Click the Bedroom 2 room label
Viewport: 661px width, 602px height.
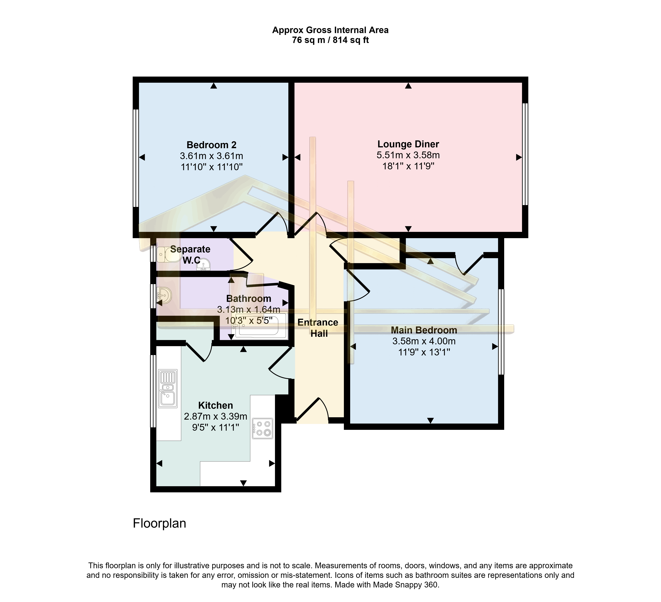[x=212, y=145]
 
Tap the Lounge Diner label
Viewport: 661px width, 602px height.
[x=408, y=144]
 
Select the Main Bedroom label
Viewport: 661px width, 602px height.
[x=424, y=330]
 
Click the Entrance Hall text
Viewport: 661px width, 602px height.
[x=318, y=328]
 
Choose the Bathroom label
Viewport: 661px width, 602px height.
[x=249, y=299]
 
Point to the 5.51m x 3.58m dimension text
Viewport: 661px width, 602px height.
[x=408, y=155]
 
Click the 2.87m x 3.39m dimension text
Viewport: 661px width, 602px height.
[x=215, y=416]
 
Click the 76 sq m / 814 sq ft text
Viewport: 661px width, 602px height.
[x=330, y=40]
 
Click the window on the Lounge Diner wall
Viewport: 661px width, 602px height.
[x=525, y=154]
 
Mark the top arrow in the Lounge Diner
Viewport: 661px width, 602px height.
[x=408, y=86]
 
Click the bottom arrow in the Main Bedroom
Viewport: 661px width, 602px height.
[x=430, y=420]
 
